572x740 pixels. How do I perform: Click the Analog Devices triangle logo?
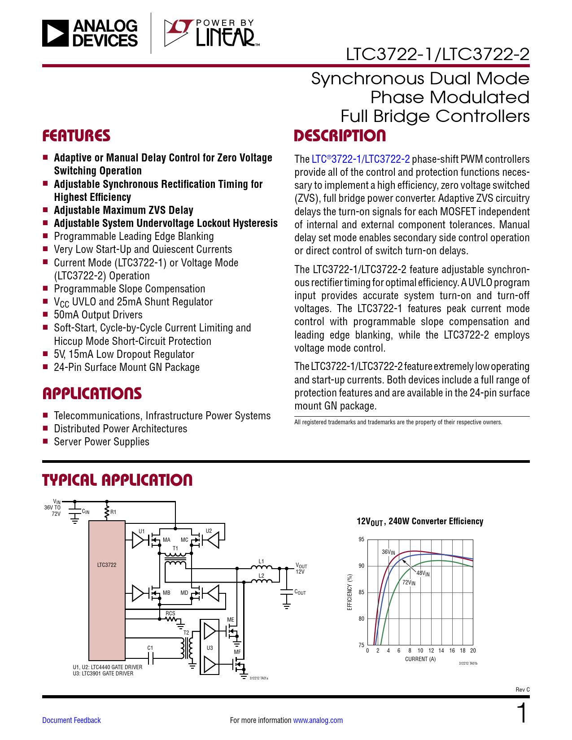[56, 33]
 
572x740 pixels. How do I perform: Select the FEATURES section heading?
[76, 136]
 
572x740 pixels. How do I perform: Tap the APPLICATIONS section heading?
[92, 393]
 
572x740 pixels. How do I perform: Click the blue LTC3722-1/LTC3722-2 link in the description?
[361, 159]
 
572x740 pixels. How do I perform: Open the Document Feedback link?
[71, 720]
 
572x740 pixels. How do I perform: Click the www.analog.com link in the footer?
[318, 720]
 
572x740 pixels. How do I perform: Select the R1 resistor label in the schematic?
[114, 512]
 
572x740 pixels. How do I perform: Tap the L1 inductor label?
[262, 561]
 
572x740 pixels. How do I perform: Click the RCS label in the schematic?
[170, 613]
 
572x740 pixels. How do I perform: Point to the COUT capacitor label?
[300, 592]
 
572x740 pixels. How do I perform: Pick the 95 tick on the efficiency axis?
[362, 540]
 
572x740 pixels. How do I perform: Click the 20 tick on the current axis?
[473, 650]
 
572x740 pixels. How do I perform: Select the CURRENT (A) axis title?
[420, 659]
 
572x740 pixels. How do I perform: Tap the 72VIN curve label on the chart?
[409, 583]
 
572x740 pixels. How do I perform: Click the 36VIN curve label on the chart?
[388, 552]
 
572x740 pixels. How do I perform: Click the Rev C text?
[522, 689]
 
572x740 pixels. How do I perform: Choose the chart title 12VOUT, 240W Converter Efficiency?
[420, 521]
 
